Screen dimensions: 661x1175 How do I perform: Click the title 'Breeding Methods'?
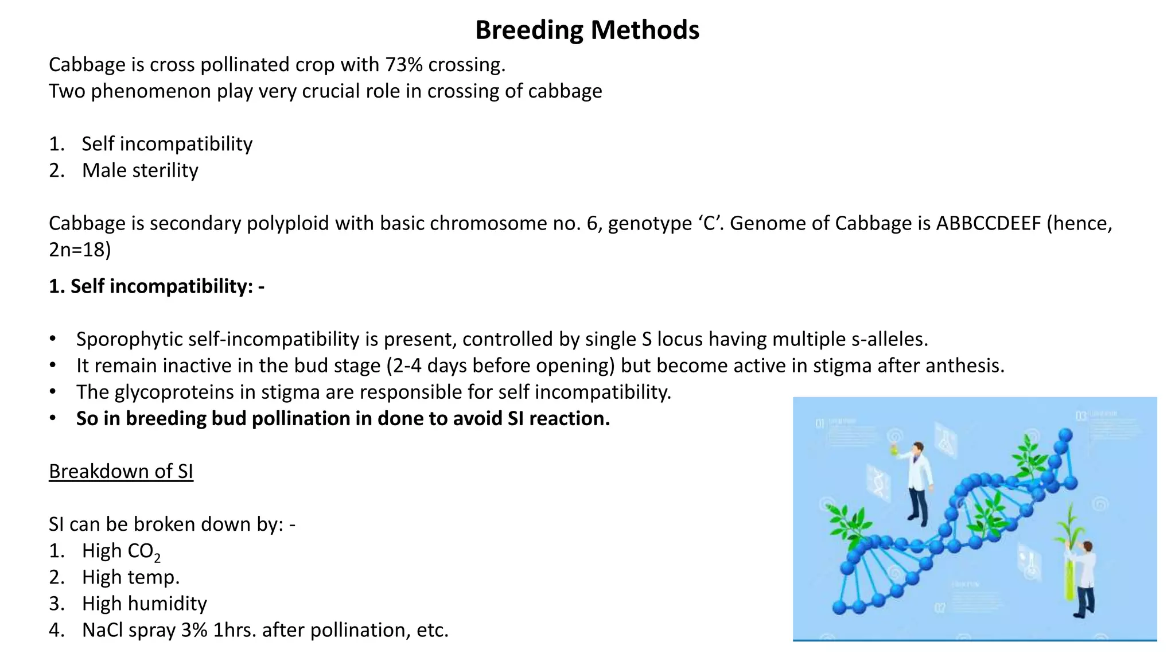[x=587, y=30]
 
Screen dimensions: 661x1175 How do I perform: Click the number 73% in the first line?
[x=403, y=65]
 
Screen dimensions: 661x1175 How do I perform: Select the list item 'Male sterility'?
[x=140, y=170]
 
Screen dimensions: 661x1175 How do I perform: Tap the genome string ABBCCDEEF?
[x=988, y=223]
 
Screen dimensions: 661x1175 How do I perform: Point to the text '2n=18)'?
[x=80, y=250]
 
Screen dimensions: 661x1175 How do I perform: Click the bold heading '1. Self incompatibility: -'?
[x=157, y=286]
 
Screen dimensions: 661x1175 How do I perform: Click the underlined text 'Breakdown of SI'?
[x=121, y=472]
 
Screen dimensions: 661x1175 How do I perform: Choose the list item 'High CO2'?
[x=120, y=551]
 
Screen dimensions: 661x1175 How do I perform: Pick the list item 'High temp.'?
[x=131, y=577]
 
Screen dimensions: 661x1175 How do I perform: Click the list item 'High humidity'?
[x=144, y=604]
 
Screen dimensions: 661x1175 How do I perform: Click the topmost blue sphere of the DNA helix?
[x=1065, y=434]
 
